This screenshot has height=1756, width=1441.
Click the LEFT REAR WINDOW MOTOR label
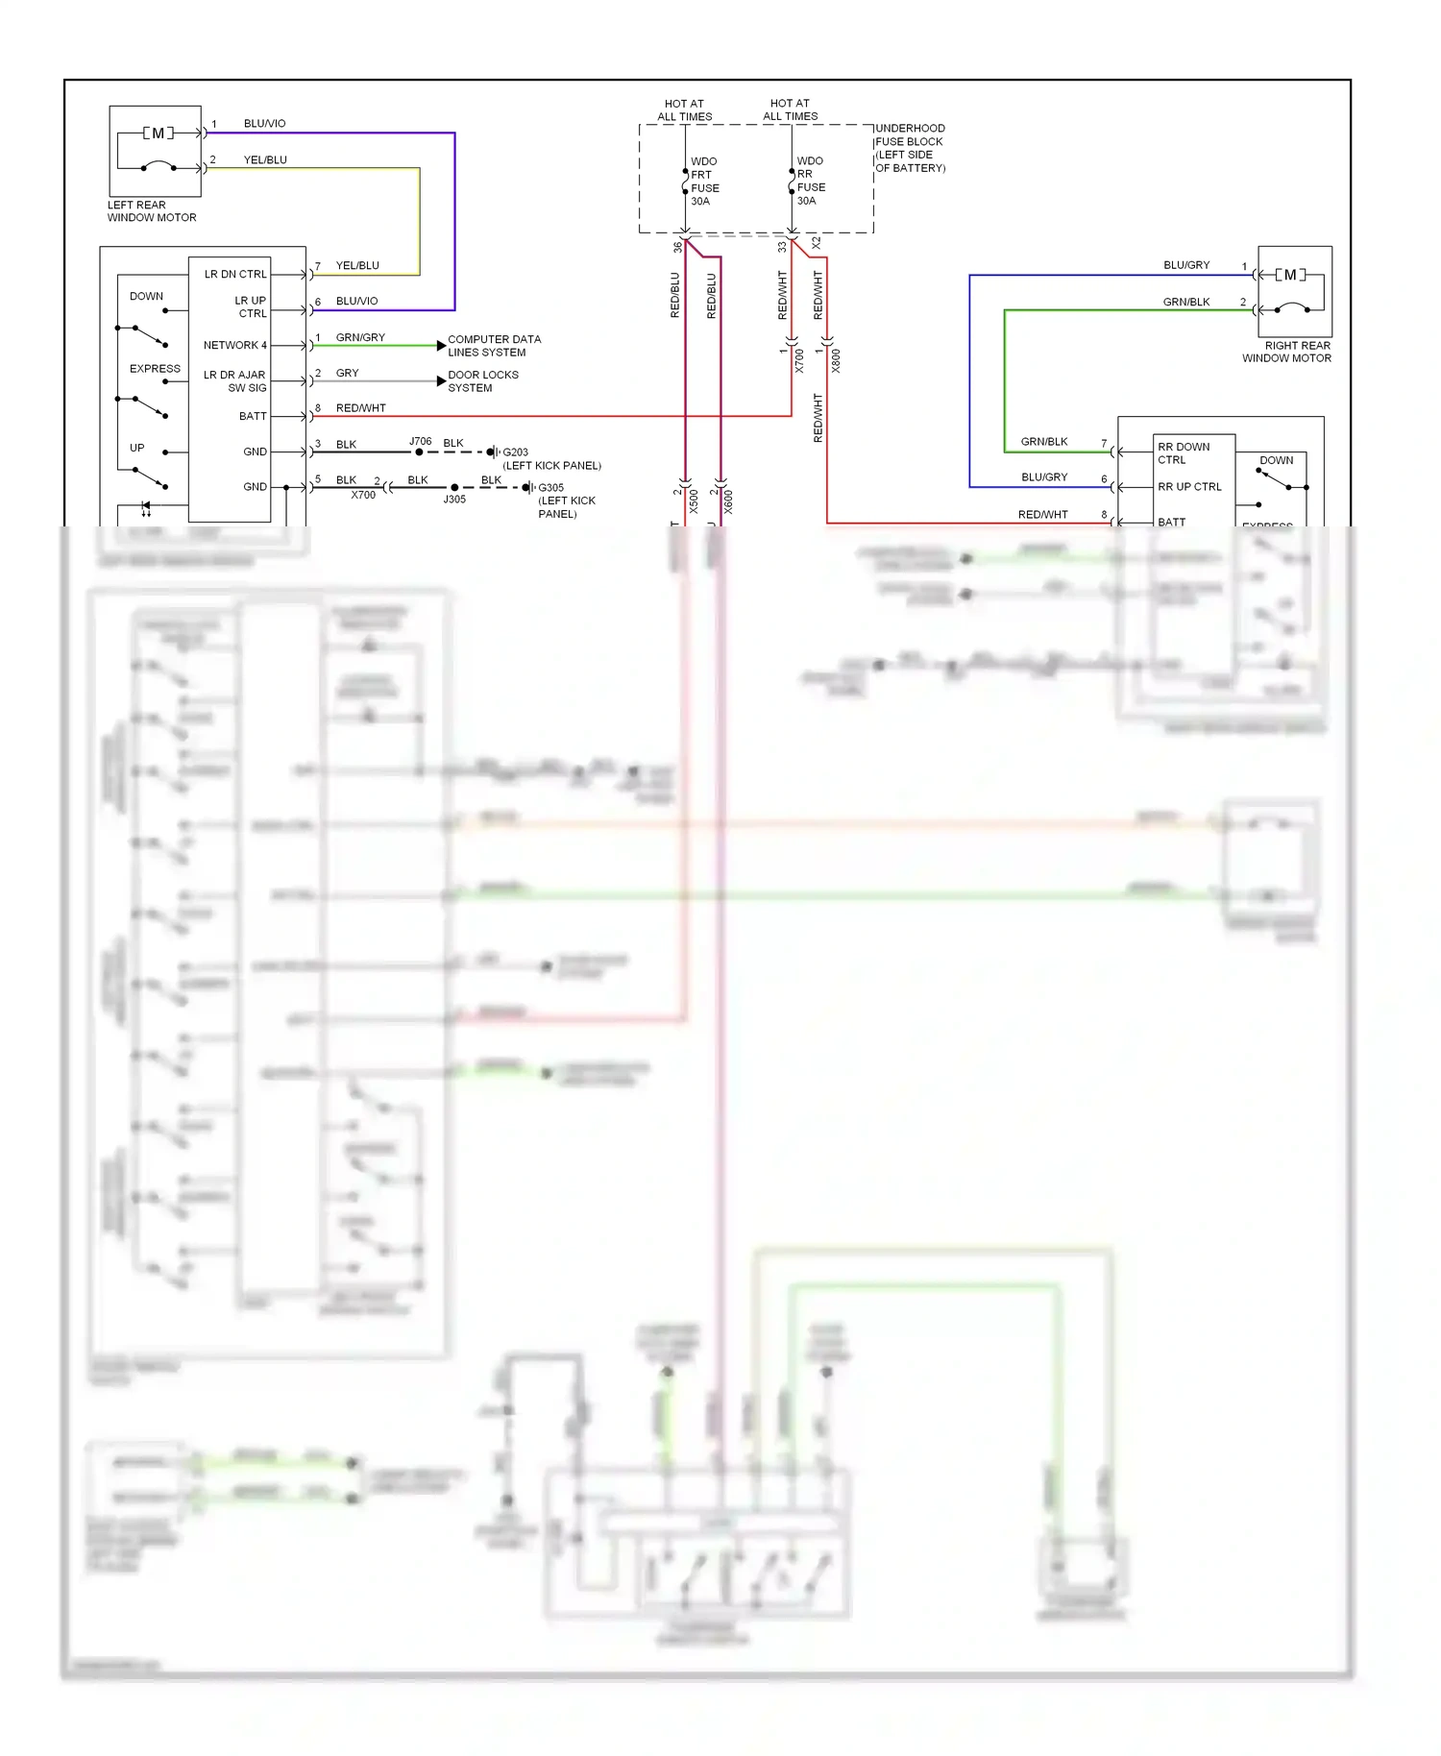click(x=151, y=211)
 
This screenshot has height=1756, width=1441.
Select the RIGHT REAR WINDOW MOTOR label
click(x=1286, y=352)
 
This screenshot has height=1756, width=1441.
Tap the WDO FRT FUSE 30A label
click(x=704, y=182)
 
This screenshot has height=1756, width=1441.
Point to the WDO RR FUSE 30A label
click(x=810, y=181)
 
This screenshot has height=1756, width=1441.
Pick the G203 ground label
click(x=515, y=452)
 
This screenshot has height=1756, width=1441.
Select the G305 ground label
click(x=550, y=488)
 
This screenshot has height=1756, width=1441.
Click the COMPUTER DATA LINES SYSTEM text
click(x=494, y=346)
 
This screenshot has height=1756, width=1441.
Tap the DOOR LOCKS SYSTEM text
click(x=482, y=381)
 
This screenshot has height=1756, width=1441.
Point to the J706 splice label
click(x=421, y=441)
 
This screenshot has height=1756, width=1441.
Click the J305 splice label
click(x=454, y=500)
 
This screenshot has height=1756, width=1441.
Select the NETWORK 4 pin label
click(x=234, y=345)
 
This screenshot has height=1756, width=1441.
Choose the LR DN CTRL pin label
click(x=235, y=274)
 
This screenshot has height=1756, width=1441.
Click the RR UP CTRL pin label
click(x=1189, y=487)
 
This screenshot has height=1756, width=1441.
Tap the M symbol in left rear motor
click(x=158, y=133)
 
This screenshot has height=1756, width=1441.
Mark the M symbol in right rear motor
click(x=1290, y=275)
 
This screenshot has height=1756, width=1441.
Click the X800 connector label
click(x=836, y=361)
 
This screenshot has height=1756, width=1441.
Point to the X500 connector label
click(x=694, y=501)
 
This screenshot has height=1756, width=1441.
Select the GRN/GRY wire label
click(x=360, y=337)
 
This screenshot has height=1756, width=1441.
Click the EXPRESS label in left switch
click(x=155, y=369)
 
